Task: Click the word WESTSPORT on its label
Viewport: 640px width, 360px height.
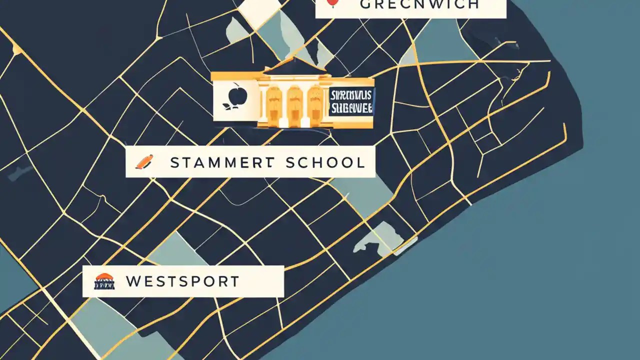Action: point(182,281)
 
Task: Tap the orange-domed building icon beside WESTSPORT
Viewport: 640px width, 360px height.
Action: point(104,281)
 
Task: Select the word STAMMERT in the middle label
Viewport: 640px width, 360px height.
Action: point(222,162)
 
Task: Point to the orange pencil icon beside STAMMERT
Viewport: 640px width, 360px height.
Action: point(144,161)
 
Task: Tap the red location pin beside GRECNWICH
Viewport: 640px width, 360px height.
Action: point(331,3)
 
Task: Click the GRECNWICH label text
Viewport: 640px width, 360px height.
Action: point(419,4)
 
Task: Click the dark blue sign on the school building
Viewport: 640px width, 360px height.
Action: point(351,101)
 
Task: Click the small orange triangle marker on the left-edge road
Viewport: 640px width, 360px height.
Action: point(17,49)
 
